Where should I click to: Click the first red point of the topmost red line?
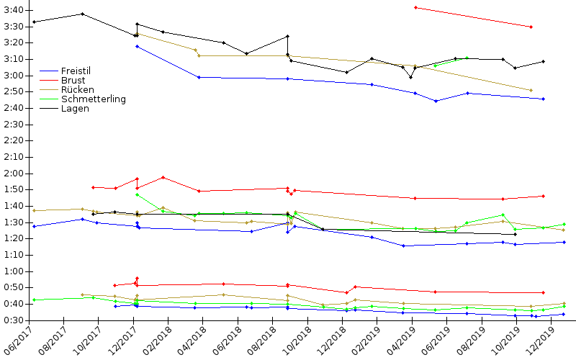(x=415, y=7)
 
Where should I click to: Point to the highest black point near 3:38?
(x=83, y=14)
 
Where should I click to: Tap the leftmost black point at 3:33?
(x=35, y=22)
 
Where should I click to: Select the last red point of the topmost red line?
(x=531, y=27)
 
